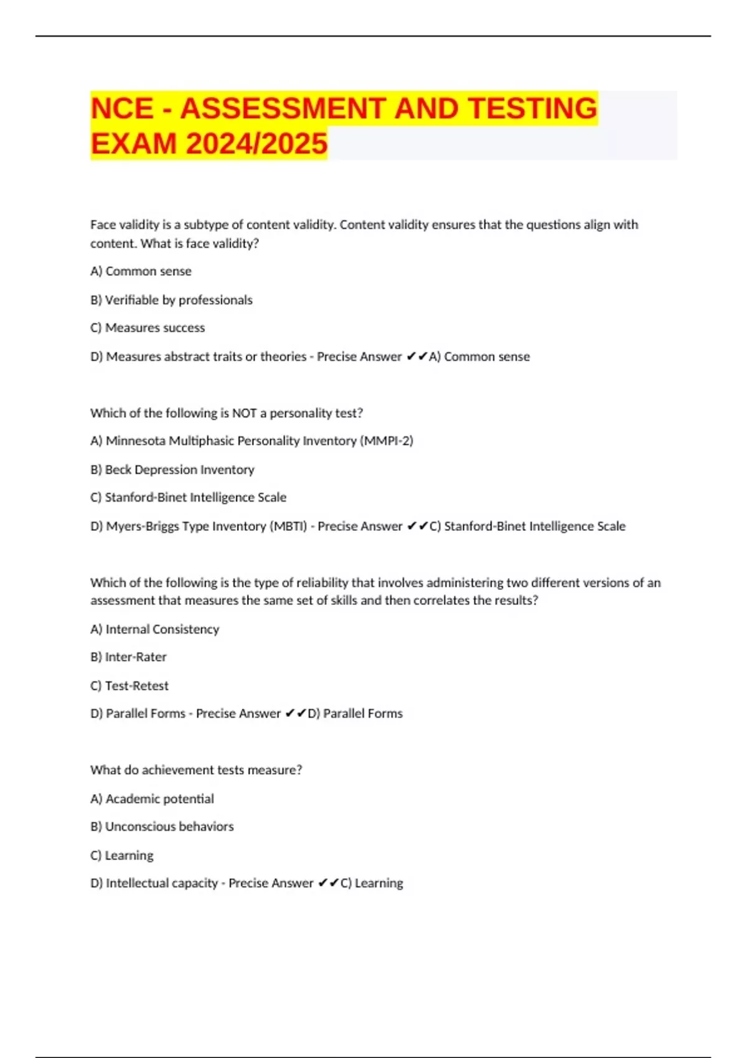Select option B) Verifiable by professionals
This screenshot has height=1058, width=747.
point(171,300)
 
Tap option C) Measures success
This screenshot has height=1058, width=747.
point(148,328)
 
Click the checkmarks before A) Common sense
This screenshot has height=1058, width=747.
point(416,357)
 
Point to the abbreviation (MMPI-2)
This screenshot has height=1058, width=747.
point(386,441)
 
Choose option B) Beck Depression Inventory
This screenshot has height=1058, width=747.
point(172,470)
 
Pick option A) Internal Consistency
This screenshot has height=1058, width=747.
point(155,629)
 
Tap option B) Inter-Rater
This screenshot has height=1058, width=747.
point(128,657)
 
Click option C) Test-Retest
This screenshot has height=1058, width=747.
point(129,686)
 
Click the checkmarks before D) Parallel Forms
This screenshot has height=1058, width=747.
point(296,714)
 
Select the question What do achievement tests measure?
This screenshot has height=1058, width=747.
point(196,770)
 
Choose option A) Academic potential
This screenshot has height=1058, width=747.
point(152,798)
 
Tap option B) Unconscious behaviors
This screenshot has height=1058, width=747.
point(162,826)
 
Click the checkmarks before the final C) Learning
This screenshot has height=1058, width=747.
point(328,883)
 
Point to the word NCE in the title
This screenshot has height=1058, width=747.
point(122,108)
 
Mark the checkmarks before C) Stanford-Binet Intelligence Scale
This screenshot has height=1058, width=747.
point(417,527)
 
